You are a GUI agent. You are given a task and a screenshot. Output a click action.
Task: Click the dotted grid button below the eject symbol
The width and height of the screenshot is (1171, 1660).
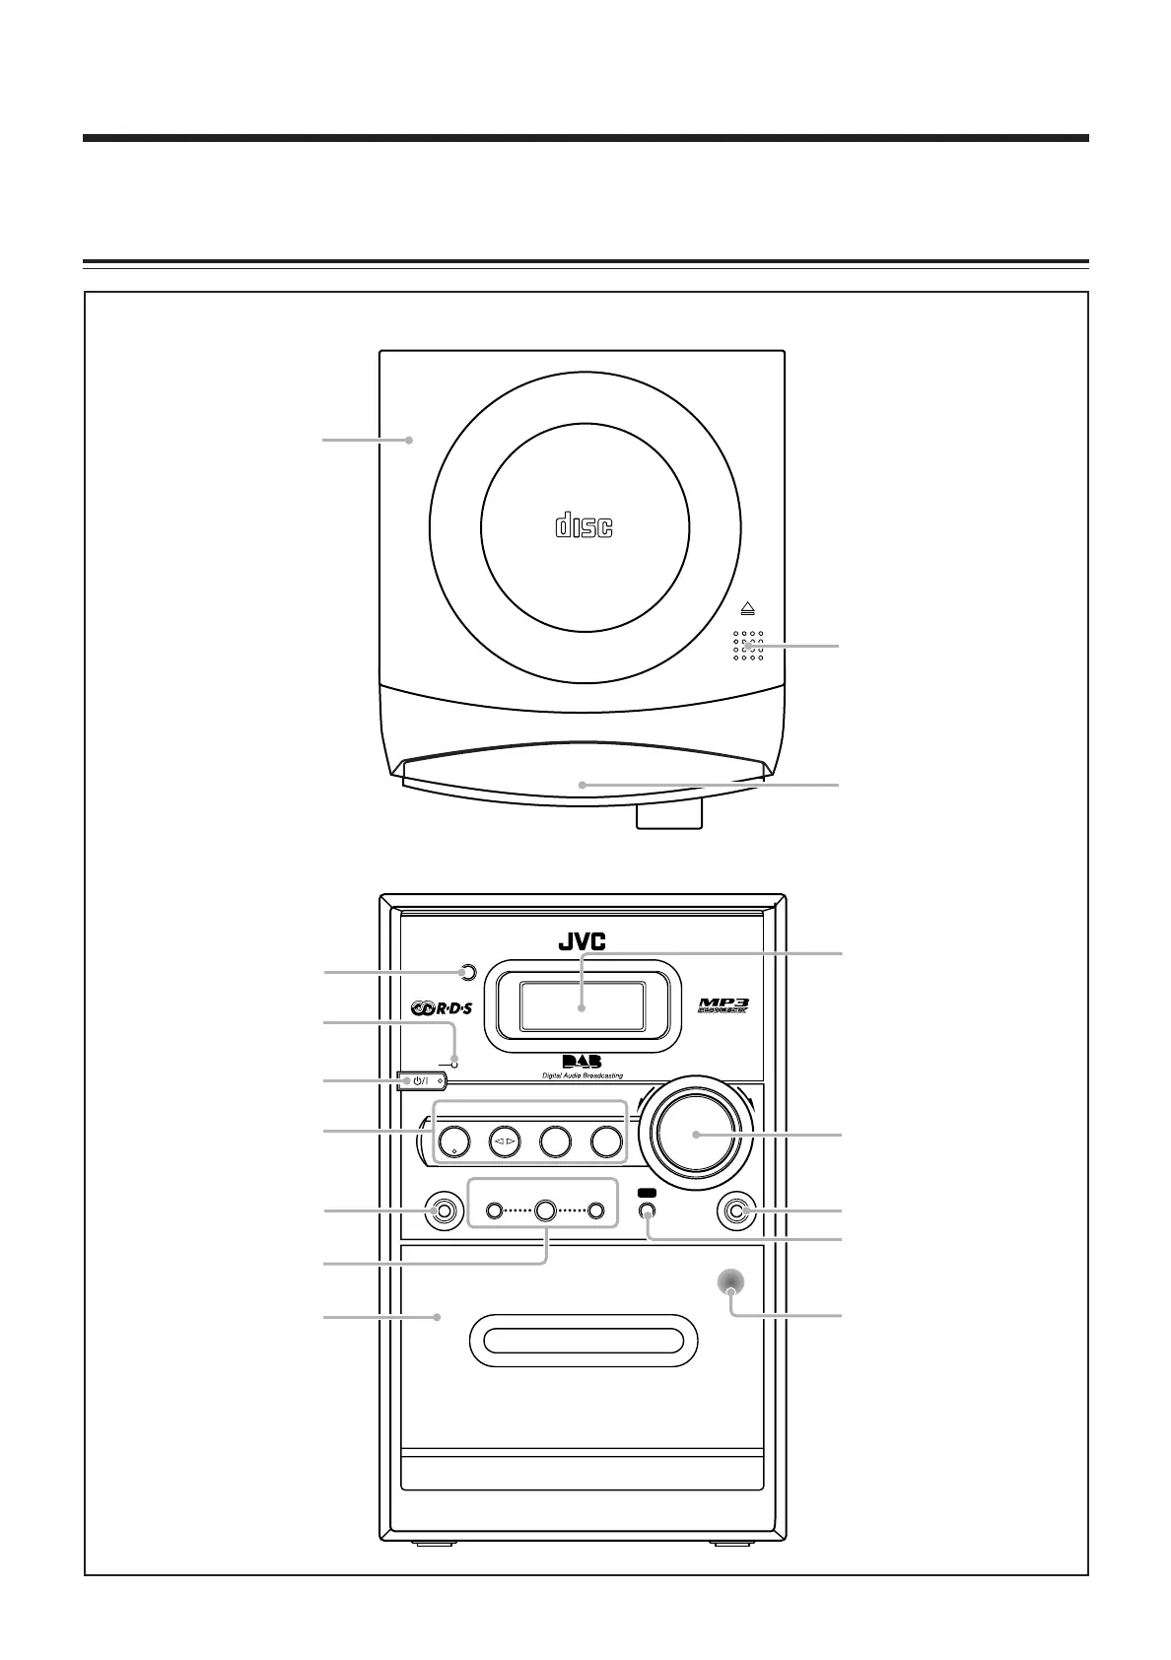(747, 646)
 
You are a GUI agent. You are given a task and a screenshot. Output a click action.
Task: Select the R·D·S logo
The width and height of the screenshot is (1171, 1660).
(444, 1008)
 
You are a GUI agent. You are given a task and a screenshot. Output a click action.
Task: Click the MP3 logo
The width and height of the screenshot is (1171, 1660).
(724, 1005)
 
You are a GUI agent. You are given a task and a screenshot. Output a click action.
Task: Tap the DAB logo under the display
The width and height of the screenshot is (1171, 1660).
(582, 1061)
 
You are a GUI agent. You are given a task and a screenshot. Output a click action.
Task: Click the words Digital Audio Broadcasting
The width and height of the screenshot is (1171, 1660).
(582, 1075)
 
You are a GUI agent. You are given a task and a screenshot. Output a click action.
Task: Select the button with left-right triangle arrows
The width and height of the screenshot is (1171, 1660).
(504, 1141)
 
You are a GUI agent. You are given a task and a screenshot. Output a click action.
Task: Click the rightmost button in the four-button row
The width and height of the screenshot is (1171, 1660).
(607, 1141)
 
